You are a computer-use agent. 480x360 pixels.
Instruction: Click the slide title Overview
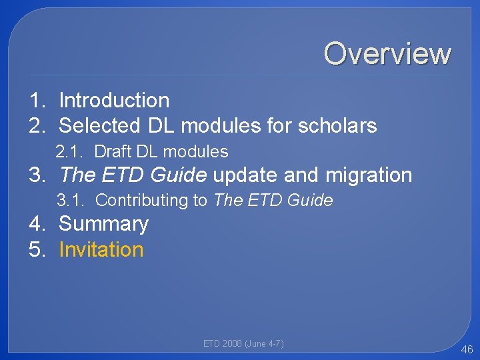point(387,54)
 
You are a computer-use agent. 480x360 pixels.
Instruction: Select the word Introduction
point(114,101)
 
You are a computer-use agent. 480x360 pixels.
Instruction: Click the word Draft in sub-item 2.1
point(113,152)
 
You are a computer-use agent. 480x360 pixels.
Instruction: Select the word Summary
point(103,224)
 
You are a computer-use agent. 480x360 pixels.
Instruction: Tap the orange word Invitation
point(101,250)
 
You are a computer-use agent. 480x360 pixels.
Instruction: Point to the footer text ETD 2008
point(223,344)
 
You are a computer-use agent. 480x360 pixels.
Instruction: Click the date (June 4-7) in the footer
point(265,344)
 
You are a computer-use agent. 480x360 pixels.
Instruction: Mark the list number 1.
point(37,101)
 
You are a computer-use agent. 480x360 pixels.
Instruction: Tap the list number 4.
point(37,224)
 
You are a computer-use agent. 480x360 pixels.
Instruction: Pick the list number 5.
point(37,250)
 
